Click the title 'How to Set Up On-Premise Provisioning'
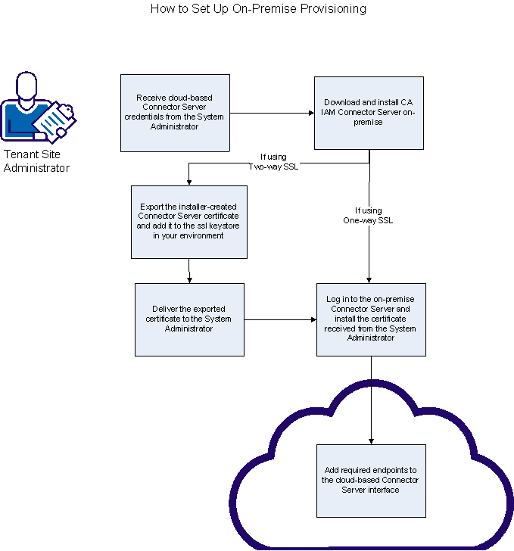(x=258, y=9)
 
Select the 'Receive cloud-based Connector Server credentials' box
(x=175, y=113)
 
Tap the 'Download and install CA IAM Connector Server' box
(x=369, y=113)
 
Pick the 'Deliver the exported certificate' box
(x=189, y=319)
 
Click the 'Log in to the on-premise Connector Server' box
(x=371, y=319)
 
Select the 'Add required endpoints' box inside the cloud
(x=371, y=480)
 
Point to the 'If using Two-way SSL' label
(x=274, y=162)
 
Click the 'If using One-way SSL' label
(x=369, y=216)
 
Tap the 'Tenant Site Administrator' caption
(x=36, y=161)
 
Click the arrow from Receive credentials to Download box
(x=272, y=114)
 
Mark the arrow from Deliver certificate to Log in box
(x=280, y=320)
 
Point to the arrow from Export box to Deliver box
(x=188, y=271)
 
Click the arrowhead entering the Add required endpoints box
(x=371, y=440)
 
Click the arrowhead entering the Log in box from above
(x=369, y=280)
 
